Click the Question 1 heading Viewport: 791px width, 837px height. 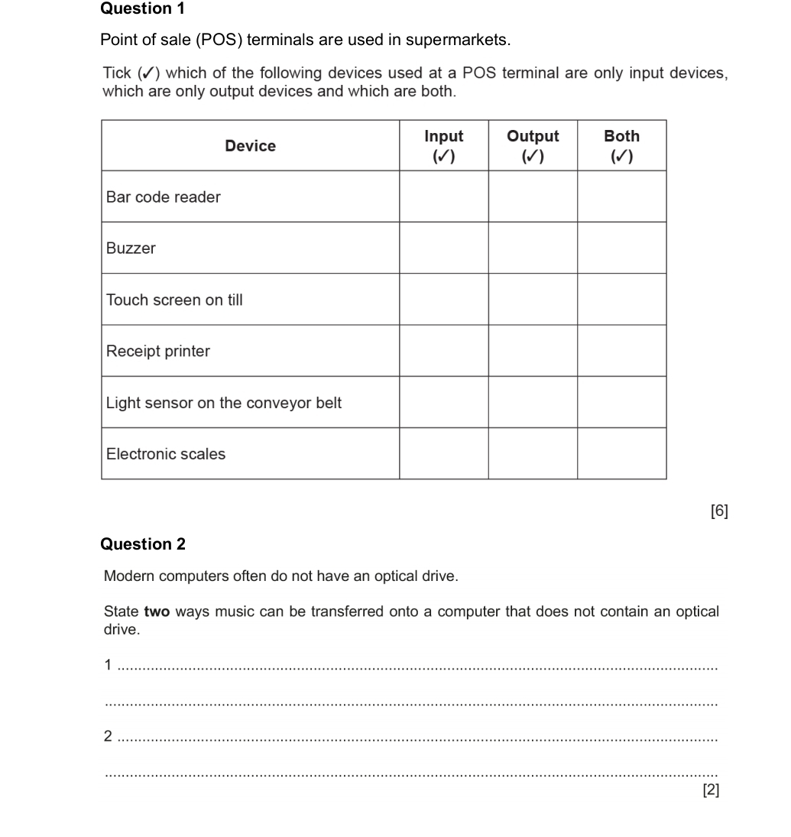142,9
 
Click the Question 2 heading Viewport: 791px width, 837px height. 142,544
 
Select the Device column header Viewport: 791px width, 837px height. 250,146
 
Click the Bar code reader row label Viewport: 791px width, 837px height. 163,197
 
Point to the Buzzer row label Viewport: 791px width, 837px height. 131,248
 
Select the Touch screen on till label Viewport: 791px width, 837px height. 174,300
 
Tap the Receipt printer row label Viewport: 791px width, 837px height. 157,352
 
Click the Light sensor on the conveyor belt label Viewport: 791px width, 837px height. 224,403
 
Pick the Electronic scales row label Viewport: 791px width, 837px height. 166,454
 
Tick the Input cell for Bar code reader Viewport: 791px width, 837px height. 443,196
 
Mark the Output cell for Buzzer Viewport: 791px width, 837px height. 533,248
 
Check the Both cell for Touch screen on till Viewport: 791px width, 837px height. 621,300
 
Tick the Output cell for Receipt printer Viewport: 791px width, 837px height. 533,351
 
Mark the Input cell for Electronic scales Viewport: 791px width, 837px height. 443,453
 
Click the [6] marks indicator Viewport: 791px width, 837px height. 718,511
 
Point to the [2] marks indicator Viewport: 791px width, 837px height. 710,790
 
